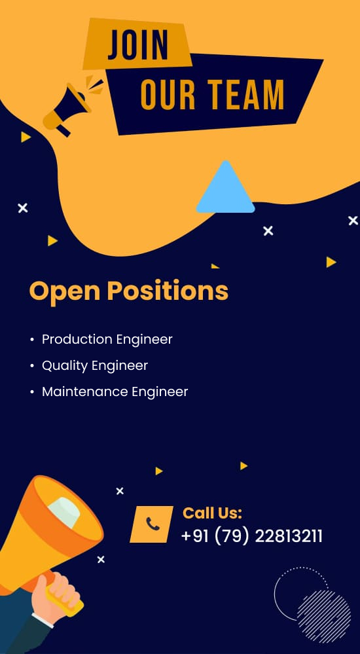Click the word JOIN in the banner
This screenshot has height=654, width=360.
coord(137,45)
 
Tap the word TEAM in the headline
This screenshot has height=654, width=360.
coord(246,94)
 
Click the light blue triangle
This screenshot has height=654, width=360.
coord(225,187)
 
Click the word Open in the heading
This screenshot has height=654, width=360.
coord(65,291)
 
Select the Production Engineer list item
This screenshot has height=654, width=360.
coord(107,339)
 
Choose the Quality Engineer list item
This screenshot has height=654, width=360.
coord(95,366)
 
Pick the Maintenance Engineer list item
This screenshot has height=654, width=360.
coord(115,391)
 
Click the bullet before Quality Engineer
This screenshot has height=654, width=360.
coord(32,366)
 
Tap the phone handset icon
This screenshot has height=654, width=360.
coord(153,524)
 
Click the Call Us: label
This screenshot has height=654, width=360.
coord(212,513)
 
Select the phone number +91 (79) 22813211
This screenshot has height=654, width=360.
coord(252,536)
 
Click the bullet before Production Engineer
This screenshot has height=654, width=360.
coord(32,340)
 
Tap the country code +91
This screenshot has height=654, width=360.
coord(195,536)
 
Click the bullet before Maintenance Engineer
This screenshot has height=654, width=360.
coord(32,393)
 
